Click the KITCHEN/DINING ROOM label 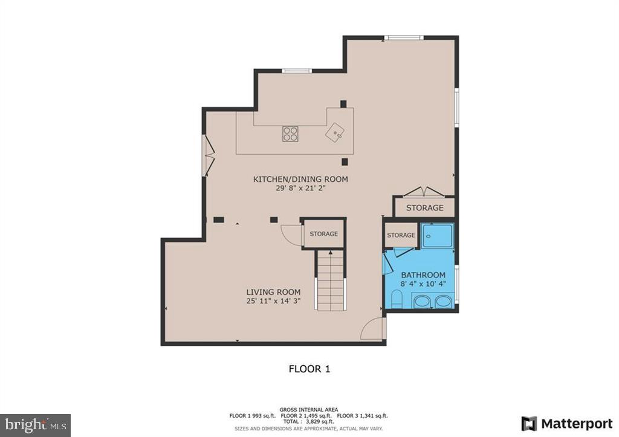coord(300,179)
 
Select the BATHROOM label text coord(424,275)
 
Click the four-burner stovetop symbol coord(290,134)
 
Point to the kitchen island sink coord(335,131)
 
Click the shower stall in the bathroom coord(437,235)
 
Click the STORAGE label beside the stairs coord(324,233)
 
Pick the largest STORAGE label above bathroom coord(424,207)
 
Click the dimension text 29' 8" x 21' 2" coord(300,188)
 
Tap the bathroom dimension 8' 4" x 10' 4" coord(424,284)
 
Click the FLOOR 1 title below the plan coord(309,368)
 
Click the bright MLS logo coord(35,425)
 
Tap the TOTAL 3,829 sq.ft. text coord(309,422)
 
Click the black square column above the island coord(343,103)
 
